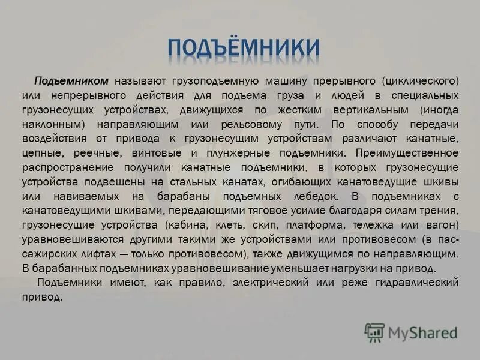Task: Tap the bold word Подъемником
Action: point(71,80)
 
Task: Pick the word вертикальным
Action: point(360,110)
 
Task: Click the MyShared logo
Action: point(412,331)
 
